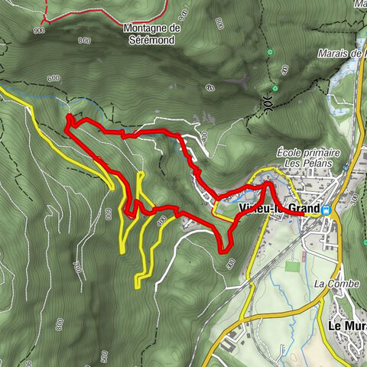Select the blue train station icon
tap(326, 210)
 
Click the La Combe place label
tap(332, 282)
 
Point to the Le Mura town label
tap(346, 324)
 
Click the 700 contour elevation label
tap(76, 267)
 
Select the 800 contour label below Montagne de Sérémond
tap(84, 40)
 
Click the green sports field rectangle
tap(292, 268)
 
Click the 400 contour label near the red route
tap(161, 221)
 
